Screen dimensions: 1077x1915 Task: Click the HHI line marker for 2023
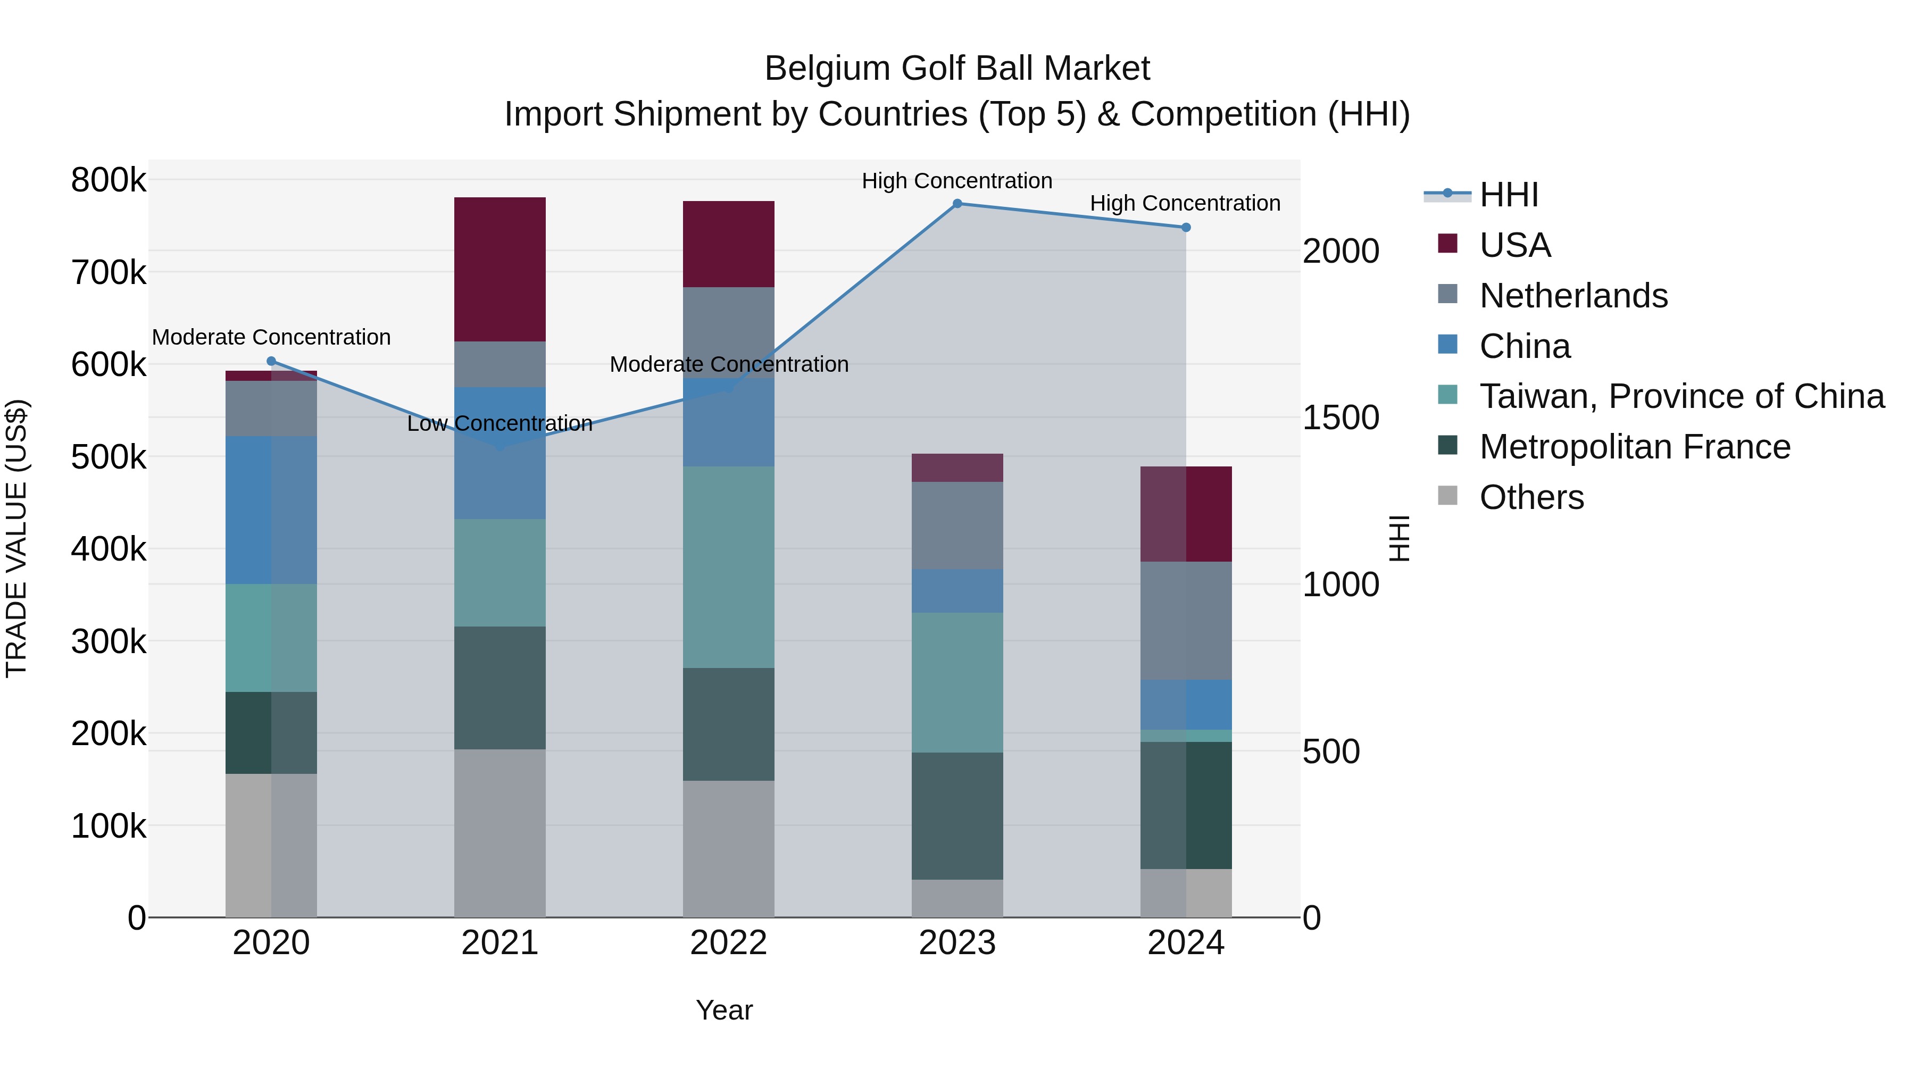[957, 204]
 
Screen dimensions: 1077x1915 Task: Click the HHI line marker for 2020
[271, 361]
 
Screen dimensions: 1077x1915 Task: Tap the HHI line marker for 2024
[1186, 228]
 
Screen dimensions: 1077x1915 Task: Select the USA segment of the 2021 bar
[499, 269]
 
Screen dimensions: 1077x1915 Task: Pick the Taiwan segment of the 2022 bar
[729, 567]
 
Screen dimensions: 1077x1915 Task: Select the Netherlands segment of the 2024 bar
[1186, 621]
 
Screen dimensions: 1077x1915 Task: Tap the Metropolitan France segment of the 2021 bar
[499, 688]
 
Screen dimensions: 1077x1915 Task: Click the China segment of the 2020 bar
[271, 510]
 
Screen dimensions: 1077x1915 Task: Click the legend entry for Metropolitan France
[1635, 447]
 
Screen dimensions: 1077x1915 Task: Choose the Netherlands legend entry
[1573, 296]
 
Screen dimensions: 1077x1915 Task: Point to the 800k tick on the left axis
[109, 180]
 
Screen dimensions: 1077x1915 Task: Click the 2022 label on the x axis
[729, 943]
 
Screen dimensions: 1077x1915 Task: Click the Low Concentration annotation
[499, 424]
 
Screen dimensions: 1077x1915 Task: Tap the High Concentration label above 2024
[1185, 203]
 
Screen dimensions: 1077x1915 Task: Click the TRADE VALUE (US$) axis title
[16, 538]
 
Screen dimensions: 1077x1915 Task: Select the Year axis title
[724, 1010]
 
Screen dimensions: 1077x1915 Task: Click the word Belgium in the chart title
[827, 69]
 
